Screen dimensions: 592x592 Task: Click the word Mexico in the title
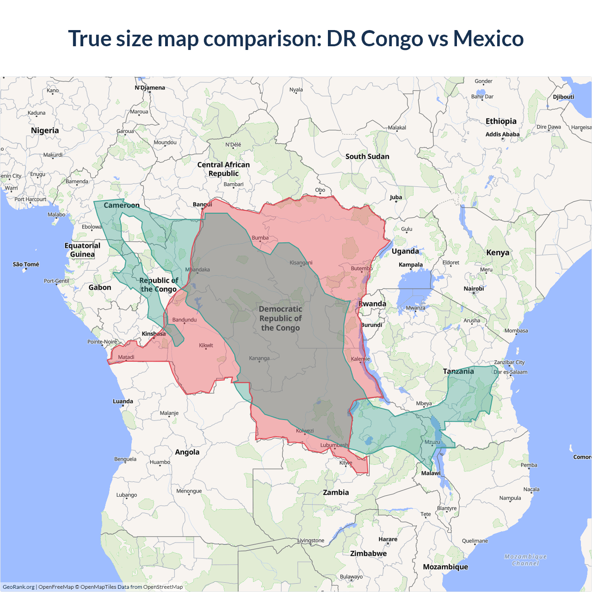[488, 38]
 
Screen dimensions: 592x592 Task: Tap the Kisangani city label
[301, 263]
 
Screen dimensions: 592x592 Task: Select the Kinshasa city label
[154, 334]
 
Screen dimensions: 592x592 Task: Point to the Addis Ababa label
[502, 135]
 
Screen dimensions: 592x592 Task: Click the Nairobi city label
[474, 289]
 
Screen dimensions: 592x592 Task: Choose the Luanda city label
[123, 401]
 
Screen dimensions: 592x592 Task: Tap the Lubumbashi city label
[334, 445]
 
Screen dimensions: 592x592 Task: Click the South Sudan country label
[367, 157]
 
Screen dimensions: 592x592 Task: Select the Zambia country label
[336, 493]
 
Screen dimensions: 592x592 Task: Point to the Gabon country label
[100, 288]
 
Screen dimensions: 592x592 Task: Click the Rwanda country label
[372, 304]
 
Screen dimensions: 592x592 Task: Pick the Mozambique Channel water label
[525, 560]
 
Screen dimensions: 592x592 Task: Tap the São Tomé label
[26, 265]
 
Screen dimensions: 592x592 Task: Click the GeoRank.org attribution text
[18, 587]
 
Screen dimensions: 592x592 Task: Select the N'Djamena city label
[150, 88]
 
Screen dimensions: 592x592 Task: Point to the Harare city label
[388, 539]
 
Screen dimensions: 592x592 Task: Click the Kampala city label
[411, 265]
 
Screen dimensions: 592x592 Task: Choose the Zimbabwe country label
[368, 554]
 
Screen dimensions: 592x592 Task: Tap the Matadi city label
[126, 357]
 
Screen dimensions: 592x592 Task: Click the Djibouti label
[563, 97]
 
